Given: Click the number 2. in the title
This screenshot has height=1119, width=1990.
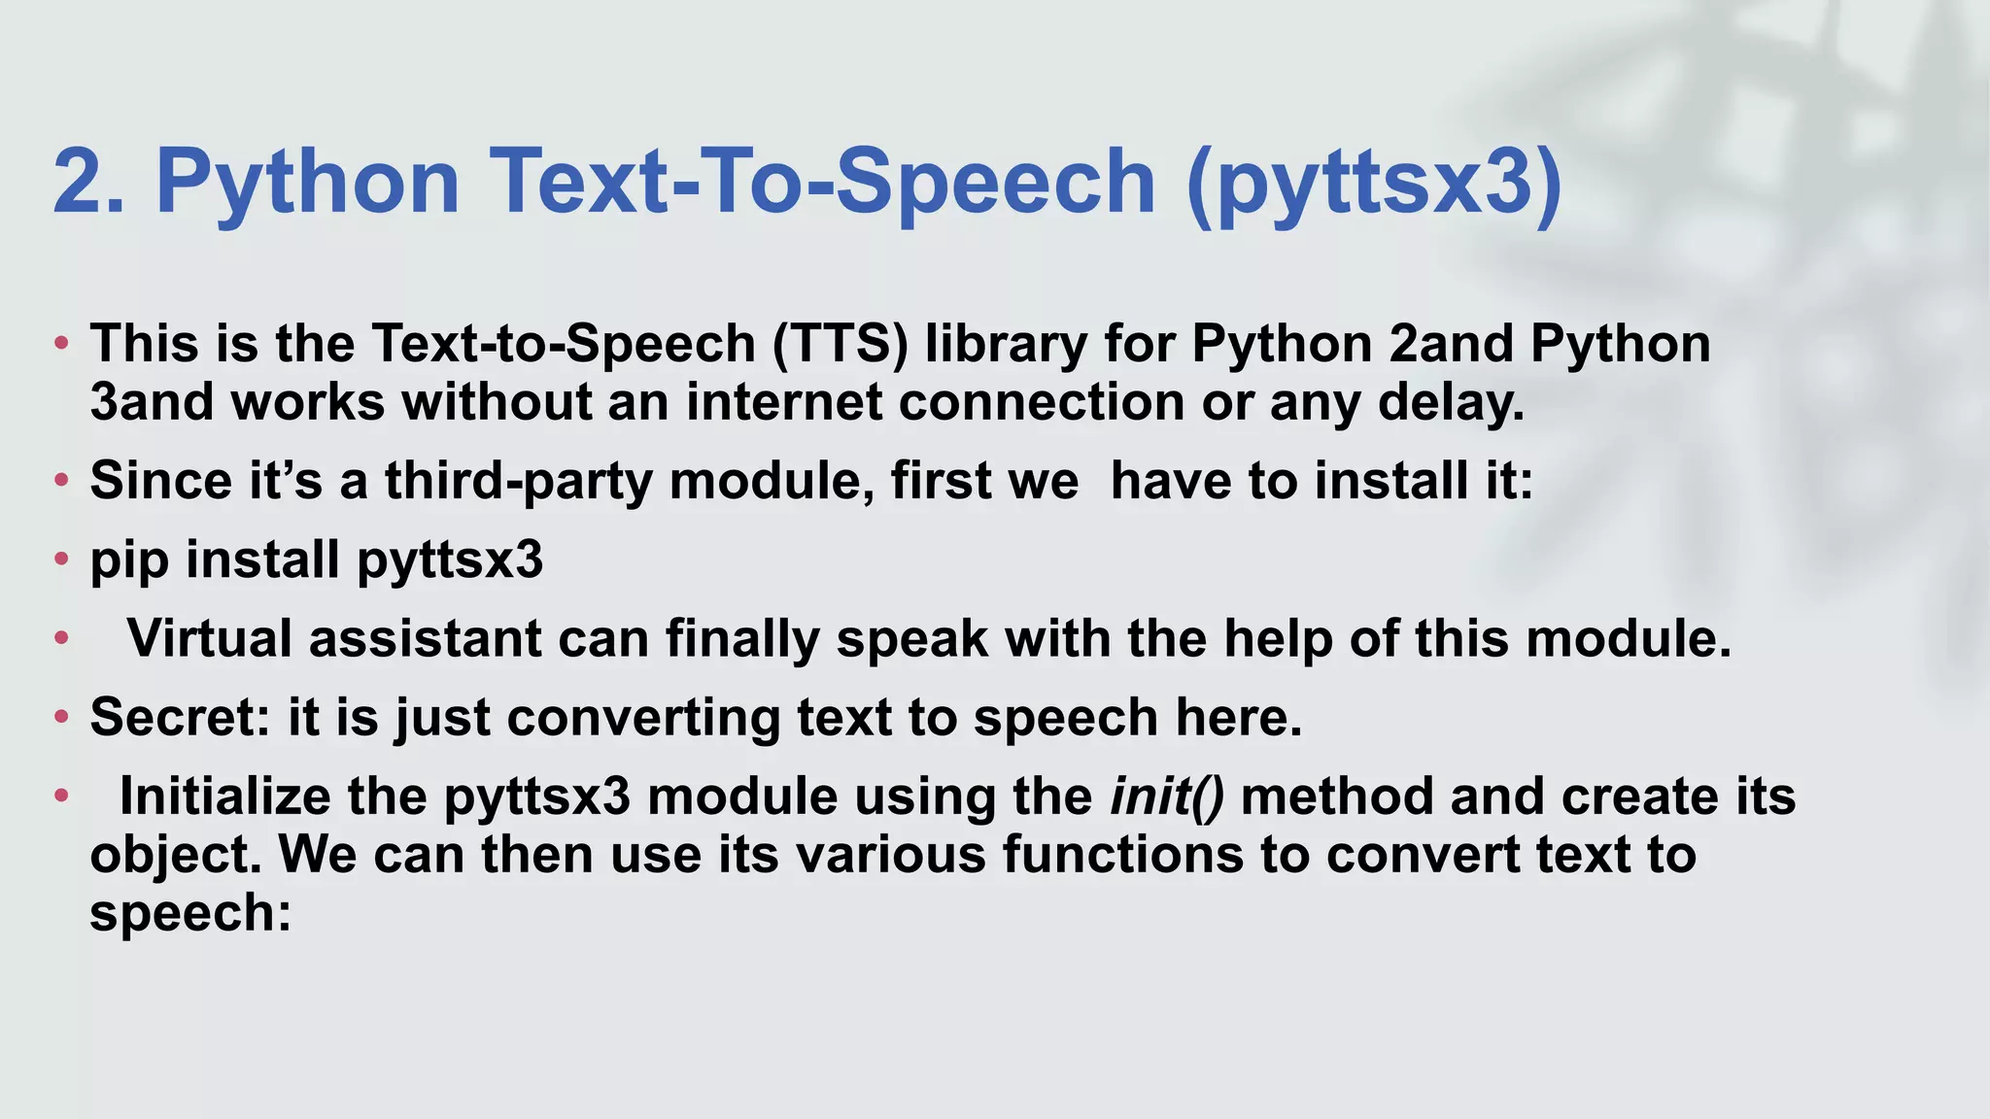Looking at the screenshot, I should tap(88, 182).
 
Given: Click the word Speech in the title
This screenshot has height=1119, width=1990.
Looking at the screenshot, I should tap(995, 182).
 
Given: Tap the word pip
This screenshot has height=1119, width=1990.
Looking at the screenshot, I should tap(129, 561).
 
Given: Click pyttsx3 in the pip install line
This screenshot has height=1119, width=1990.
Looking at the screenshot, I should tap(450, 561).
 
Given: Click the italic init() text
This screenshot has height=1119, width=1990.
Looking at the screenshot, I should tap(1167, 797).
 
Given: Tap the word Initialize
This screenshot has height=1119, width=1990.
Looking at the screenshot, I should tap(224, 797).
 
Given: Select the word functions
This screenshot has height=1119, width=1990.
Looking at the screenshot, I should tap(1122, 855).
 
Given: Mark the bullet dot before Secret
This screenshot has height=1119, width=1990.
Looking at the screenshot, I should tap(61, 717).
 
